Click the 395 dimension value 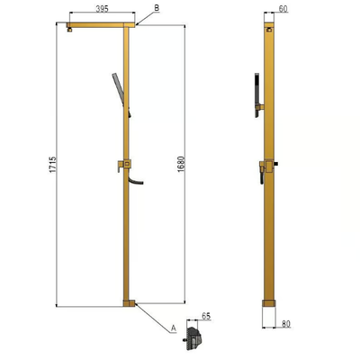pyautogui.click(x=102, y=9)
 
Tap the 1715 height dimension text pyautogui.click(x=53, y=165)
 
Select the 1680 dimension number pyautogui.click(x=181, y=164)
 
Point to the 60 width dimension pyautogui.click(x=283, y=9)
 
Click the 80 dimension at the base pyautogui.click(x=286, y=324)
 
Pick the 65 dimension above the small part pyautogui.click(x=206, y=316)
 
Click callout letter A pyautogui.click(x=174, y=328)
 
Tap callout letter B pyautogui.click(x=157, y=8)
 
